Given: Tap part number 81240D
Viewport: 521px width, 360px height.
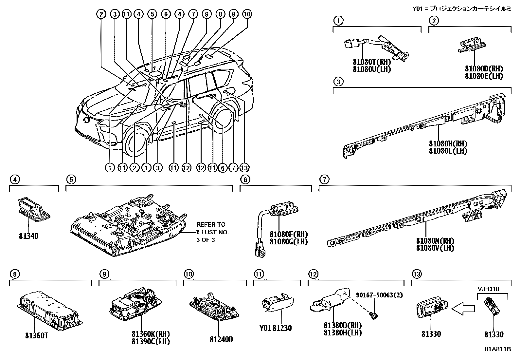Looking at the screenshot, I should tap(221, 339).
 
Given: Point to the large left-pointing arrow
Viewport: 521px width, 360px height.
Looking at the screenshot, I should tap(463, 308).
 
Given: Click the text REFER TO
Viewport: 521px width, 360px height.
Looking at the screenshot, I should tap(211, 225).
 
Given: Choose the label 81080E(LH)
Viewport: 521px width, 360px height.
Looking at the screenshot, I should tap(484, 76).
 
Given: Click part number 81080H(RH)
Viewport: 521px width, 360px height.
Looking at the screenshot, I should tap(448, 144).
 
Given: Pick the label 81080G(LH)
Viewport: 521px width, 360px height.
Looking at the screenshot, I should tap(289, 242).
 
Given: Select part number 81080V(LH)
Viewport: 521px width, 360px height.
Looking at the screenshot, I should tap(435, 248).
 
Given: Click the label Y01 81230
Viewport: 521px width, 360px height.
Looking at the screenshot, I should tap(275, 328).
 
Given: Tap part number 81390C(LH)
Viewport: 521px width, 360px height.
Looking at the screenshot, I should tap(151, 341).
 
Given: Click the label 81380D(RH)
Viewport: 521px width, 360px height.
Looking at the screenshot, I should tap(343, 326).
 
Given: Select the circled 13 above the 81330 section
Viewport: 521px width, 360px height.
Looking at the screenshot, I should tap(417, 274).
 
